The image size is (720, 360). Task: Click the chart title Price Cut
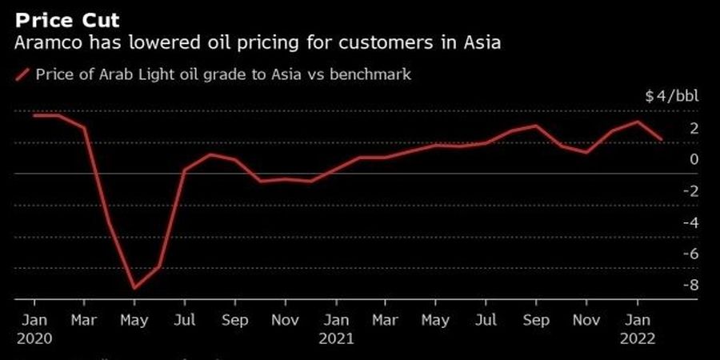pyautogui.click(x=66, y=18)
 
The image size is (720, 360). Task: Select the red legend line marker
pyautogui.click(x=22, y=74)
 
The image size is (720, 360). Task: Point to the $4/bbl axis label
pyautogui.click(x=671, y=97)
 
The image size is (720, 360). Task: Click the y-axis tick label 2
pyautogui.click(x=694, y=128)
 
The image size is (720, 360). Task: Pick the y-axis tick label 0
pyautogui.click(x=694, y=159)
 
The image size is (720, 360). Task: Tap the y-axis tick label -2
pyautogui.click(x=690, y=190)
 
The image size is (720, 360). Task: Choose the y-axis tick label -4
pyautogui.click(x=690, y=222)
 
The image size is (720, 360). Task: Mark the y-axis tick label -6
pyautogui.click(x=690, y=253)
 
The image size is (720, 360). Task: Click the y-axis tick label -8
pyautogui.click(x=690, y=284)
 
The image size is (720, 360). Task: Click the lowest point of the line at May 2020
pyautogui.click(x=134, y=288)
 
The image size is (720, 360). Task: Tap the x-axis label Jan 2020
pyautogui.click(x=34, y=329)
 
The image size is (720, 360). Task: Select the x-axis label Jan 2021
pyautogui.click(x=336, y=329)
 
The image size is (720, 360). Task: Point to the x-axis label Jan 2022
pyautogui.click(x=637, y=329)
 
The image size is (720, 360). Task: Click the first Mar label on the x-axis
pyautogui.click(x=85, y=320)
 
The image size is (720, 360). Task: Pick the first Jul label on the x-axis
pyautogui.click(x=185, y=320)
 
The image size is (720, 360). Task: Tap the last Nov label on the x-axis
pyautogui.click(x=587, y=320)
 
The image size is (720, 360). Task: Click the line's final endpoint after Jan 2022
pyautogui.click(x=662, y=140)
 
